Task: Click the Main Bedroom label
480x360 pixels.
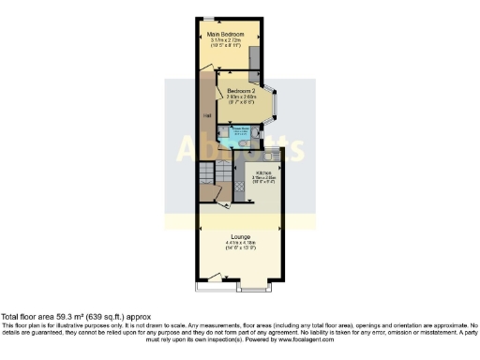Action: pyautogui.click(x=228, y=35)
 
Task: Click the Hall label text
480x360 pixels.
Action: pyautogui.click(x=208, y=116)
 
